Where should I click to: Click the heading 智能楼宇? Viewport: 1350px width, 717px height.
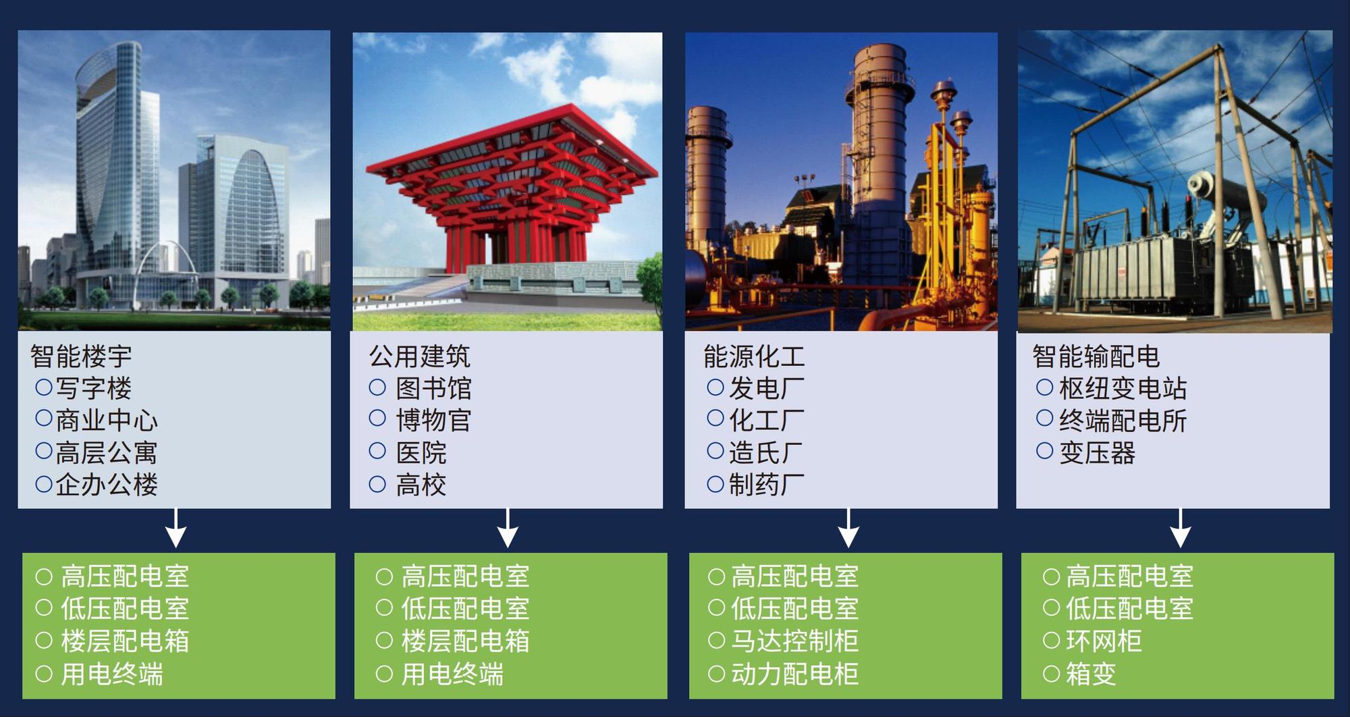coord(81,356)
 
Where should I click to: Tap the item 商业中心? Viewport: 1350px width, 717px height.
coord(107,420)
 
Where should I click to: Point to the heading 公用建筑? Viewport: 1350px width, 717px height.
coord(419,356)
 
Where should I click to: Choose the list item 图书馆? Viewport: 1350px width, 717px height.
coord(433,388)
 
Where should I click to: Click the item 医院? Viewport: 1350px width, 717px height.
coord(421,452)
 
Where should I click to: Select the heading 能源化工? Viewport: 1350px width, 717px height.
coord(754,356)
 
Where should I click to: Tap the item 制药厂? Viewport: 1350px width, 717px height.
coord(766,484)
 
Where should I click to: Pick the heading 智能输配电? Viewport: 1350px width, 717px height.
coord(1096,356)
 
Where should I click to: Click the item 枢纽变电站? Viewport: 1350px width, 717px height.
coord(1123,388)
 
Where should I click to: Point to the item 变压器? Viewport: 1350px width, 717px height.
coord(1097,452)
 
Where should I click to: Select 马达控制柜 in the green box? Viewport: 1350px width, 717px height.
coord(794,641)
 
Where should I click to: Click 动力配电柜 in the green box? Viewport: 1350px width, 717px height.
coord(794,674)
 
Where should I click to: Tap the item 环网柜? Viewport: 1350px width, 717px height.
coord(1104,641)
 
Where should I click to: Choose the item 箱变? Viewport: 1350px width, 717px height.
coord(1091,674)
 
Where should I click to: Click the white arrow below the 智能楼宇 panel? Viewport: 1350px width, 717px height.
coord(175,528)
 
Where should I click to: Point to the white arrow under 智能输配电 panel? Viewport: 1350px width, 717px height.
coord(1180,528)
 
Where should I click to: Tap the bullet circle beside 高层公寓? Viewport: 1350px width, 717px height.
coord(44,451)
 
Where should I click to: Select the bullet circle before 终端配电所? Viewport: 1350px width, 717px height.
coord(1044,419)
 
